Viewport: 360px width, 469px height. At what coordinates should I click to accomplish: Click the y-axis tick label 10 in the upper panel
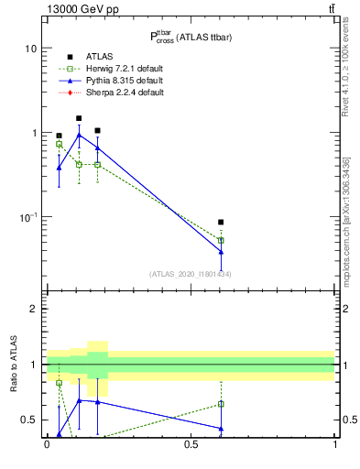point(32,48)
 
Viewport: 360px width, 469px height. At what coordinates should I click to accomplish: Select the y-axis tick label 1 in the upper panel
point(35,133)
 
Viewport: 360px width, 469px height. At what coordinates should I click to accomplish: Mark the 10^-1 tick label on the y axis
point(29,217)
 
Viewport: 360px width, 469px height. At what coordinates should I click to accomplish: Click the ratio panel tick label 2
point(35,309)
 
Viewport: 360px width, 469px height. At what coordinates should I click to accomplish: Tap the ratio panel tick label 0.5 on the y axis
point(29,420)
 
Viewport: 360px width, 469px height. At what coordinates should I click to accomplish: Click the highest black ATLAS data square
point(79,118)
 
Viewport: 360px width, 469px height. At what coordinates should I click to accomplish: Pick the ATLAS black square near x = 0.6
point(221,222)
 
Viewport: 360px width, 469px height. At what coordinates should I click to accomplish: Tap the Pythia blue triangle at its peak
point(79,135)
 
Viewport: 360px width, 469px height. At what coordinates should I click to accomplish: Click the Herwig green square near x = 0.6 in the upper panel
point(221,241)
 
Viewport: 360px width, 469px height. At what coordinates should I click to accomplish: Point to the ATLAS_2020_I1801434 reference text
point(191,274)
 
